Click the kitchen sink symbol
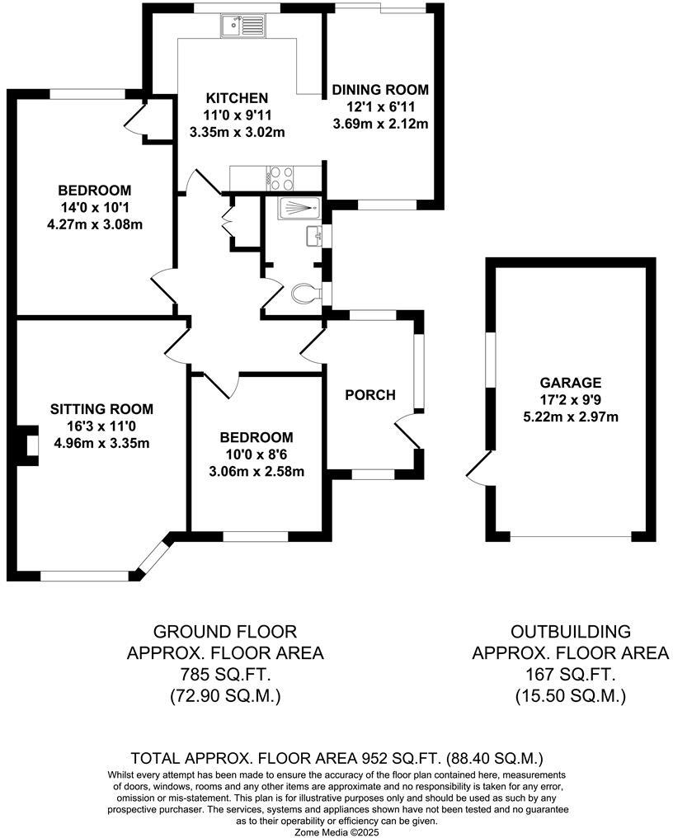[242, 26]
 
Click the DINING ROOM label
[380, 90]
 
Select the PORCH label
[369, 395]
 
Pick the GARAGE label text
[571, 383]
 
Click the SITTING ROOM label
[101, 408]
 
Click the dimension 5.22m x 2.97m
[571, 417]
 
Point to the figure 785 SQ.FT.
[225, 675]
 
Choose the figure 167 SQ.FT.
[571, 675]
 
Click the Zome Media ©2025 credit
[337, 831]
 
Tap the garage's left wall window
[491, 359]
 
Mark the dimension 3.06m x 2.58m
[256, 472]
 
